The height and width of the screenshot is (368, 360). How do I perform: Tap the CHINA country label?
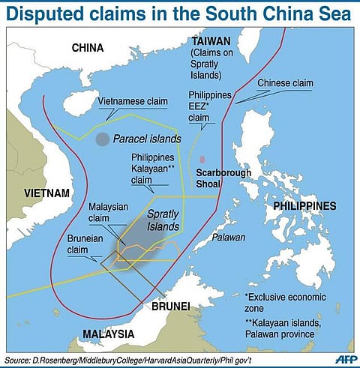pos(87,48)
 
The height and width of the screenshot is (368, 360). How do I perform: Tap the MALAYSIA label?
pos(108,334)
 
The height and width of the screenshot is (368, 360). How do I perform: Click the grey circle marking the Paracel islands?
pos(102,139)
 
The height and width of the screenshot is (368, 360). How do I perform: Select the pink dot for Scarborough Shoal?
pos(202,159)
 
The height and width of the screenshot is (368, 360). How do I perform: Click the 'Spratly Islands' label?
pos(162,219)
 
